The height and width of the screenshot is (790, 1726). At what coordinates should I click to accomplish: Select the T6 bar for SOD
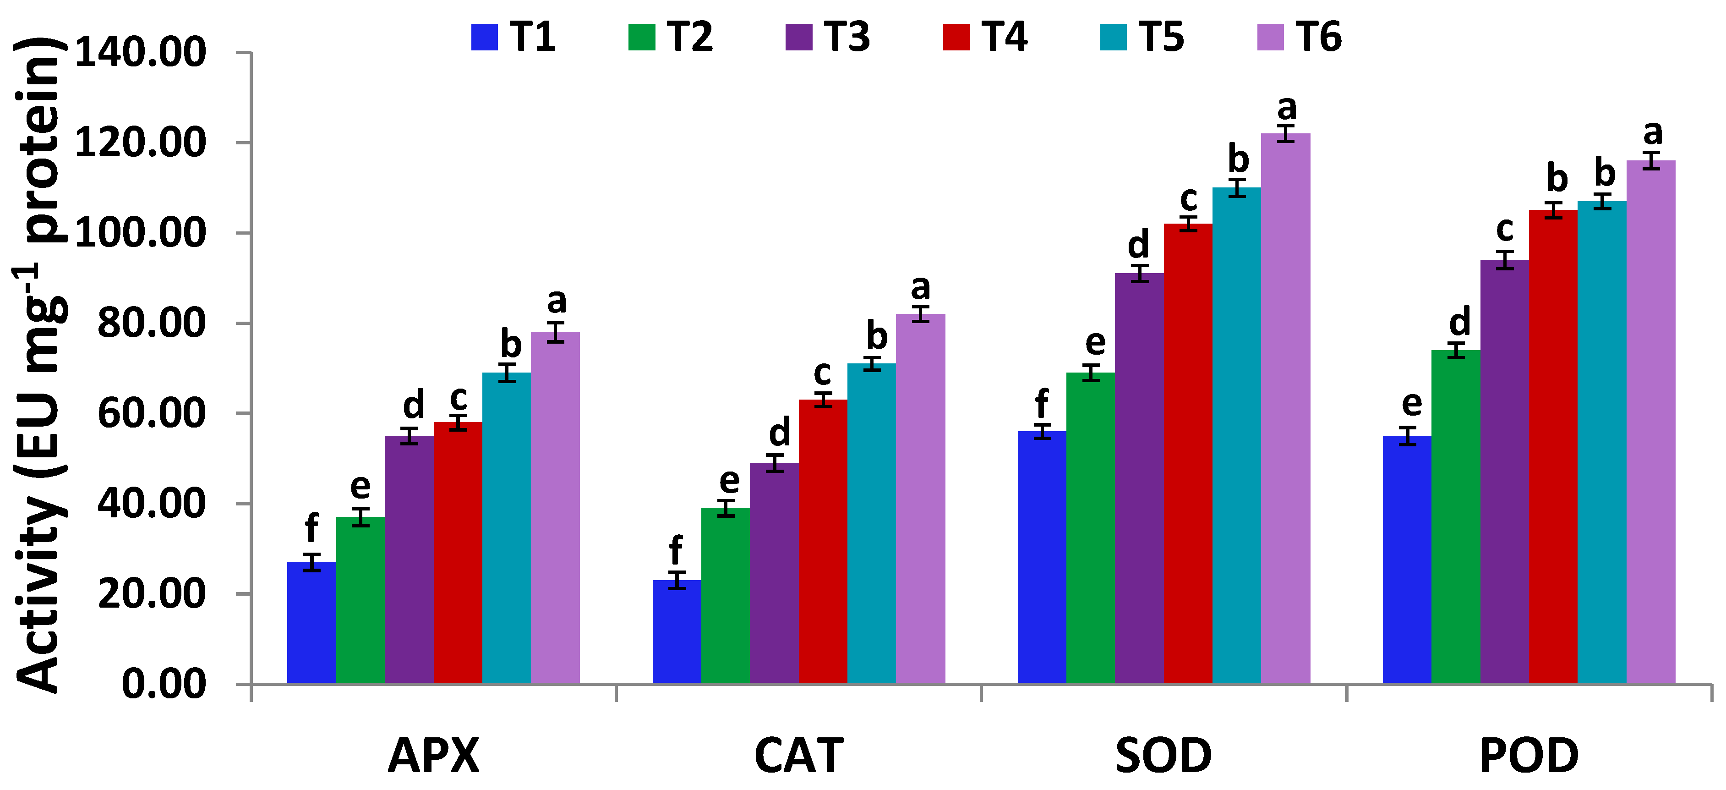(1285, 409)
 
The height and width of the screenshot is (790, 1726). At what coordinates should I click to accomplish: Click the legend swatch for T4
(956, 37)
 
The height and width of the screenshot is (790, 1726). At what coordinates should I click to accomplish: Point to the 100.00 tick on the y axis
(141, 233)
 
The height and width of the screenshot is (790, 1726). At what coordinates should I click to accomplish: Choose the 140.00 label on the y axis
(141, 53)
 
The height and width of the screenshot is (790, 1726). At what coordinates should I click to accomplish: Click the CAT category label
(799, 756)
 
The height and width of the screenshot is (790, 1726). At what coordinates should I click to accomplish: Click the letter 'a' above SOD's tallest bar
(1286, 108)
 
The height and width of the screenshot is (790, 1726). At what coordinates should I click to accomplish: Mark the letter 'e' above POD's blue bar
(1411, 403)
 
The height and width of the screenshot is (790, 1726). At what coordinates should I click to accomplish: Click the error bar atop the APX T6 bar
(556, 332)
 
